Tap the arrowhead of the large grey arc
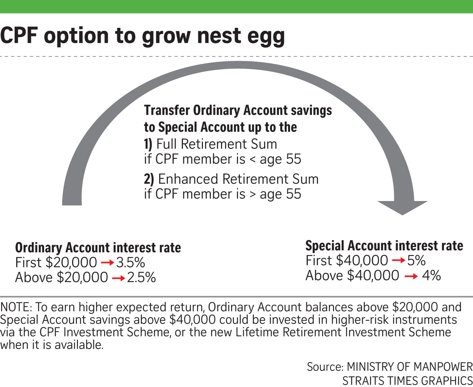click(402, 208)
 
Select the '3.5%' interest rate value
click(131, 262)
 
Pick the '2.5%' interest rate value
click(141, 277)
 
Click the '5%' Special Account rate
click(416, 260)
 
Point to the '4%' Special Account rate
click(432, 275)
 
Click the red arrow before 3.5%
click(108, 263)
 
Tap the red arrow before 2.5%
click(119, 278)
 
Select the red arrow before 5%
click(399, 260)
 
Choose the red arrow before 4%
click(411, 276)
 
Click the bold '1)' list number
click(148, 144)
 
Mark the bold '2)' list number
click(149, 179)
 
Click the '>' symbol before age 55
click(252, 195)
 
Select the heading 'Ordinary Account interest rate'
click(98, 248)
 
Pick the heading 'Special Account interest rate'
click(384, 245)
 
